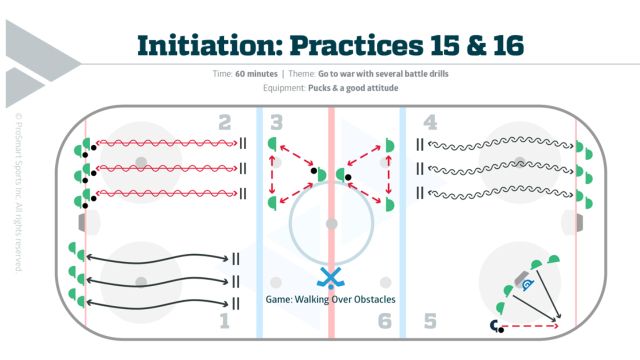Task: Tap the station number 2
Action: pos(224,123)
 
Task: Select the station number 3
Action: pos(276,123)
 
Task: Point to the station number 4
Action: pos(429,123)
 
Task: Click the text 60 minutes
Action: pos(253,73)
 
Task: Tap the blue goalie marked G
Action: pos(529,286)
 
